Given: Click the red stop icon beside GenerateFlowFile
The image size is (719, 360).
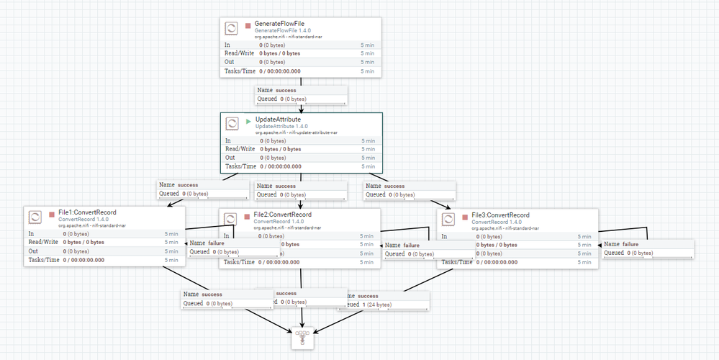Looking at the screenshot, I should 248,25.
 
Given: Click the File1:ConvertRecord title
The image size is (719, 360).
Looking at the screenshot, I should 87,213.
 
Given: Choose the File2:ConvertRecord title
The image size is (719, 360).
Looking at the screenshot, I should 283,215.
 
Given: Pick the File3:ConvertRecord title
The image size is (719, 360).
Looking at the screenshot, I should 500,215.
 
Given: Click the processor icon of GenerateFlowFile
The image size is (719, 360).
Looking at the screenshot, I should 232,29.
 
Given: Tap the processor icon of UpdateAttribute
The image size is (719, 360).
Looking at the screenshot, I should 232,124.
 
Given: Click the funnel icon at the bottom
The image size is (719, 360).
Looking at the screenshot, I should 302,337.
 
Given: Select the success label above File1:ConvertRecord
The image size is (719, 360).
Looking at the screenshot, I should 188,185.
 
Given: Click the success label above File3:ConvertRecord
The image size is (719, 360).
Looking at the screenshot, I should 395,186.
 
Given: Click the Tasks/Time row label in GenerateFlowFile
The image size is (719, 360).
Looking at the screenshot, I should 240,71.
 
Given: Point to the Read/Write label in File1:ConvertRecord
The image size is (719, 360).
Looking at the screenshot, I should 42,243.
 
